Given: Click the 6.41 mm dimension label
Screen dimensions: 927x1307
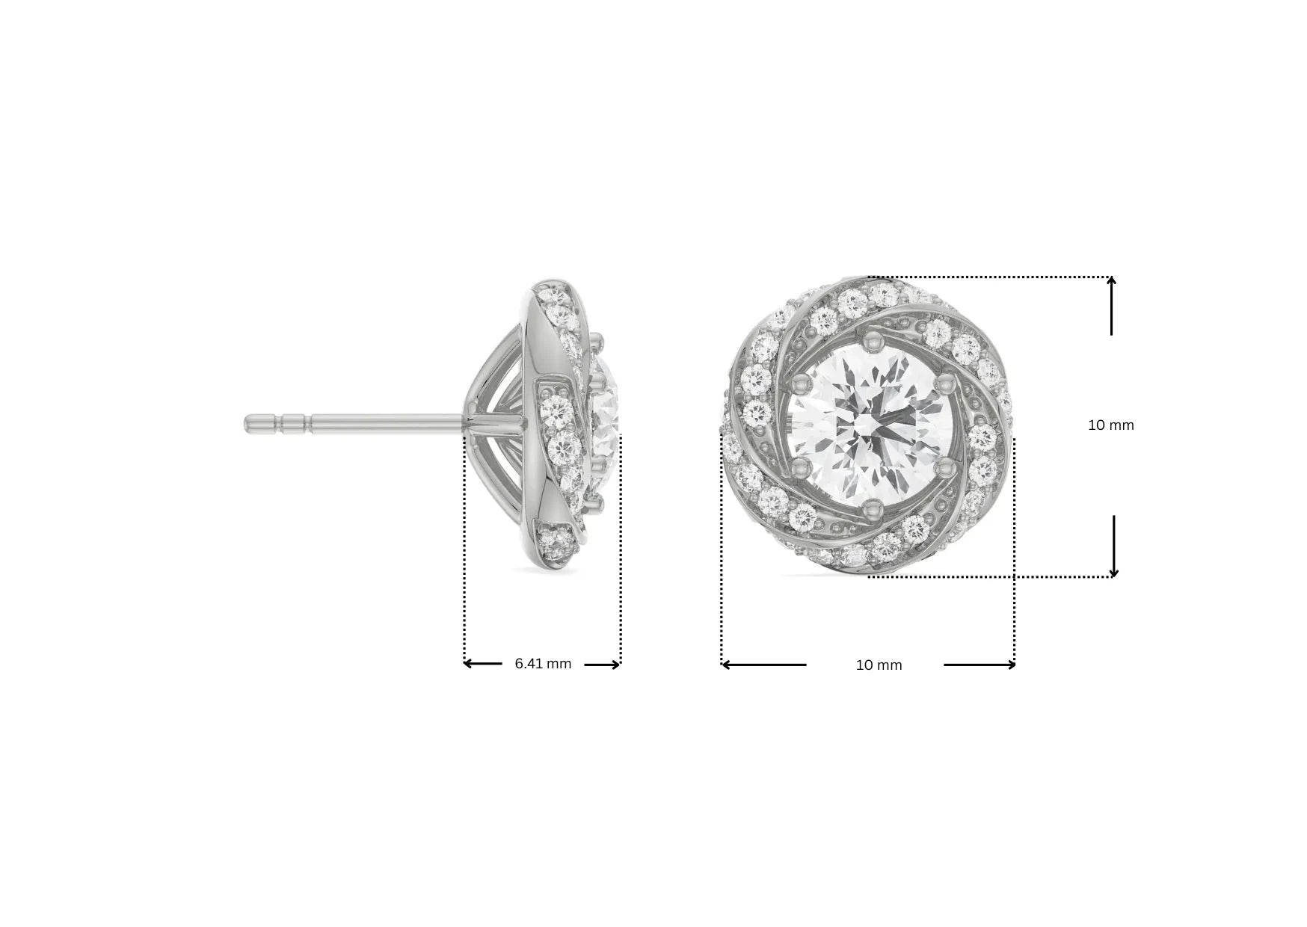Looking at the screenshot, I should pos(543,664).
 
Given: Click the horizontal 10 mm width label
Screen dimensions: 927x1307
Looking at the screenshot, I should pos(879,665).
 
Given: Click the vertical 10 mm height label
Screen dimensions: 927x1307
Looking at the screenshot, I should pos(1110,425).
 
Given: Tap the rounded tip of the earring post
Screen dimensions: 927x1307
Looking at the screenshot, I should pos(248,425).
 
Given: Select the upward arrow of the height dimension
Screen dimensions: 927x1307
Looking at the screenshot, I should pos(1112,283).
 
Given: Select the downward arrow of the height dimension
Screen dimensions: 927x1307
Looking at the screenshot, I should pos(1113,572).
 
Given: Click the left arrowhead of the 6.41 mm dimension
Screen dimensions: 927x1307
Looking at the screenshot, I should pos(467,664).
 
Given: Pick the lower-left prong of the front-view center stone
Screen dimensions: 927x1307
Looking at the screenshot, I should pos(800,469).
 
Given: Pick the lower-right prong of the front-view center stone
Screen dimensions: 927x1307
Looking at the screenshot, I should pos(944,468).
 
